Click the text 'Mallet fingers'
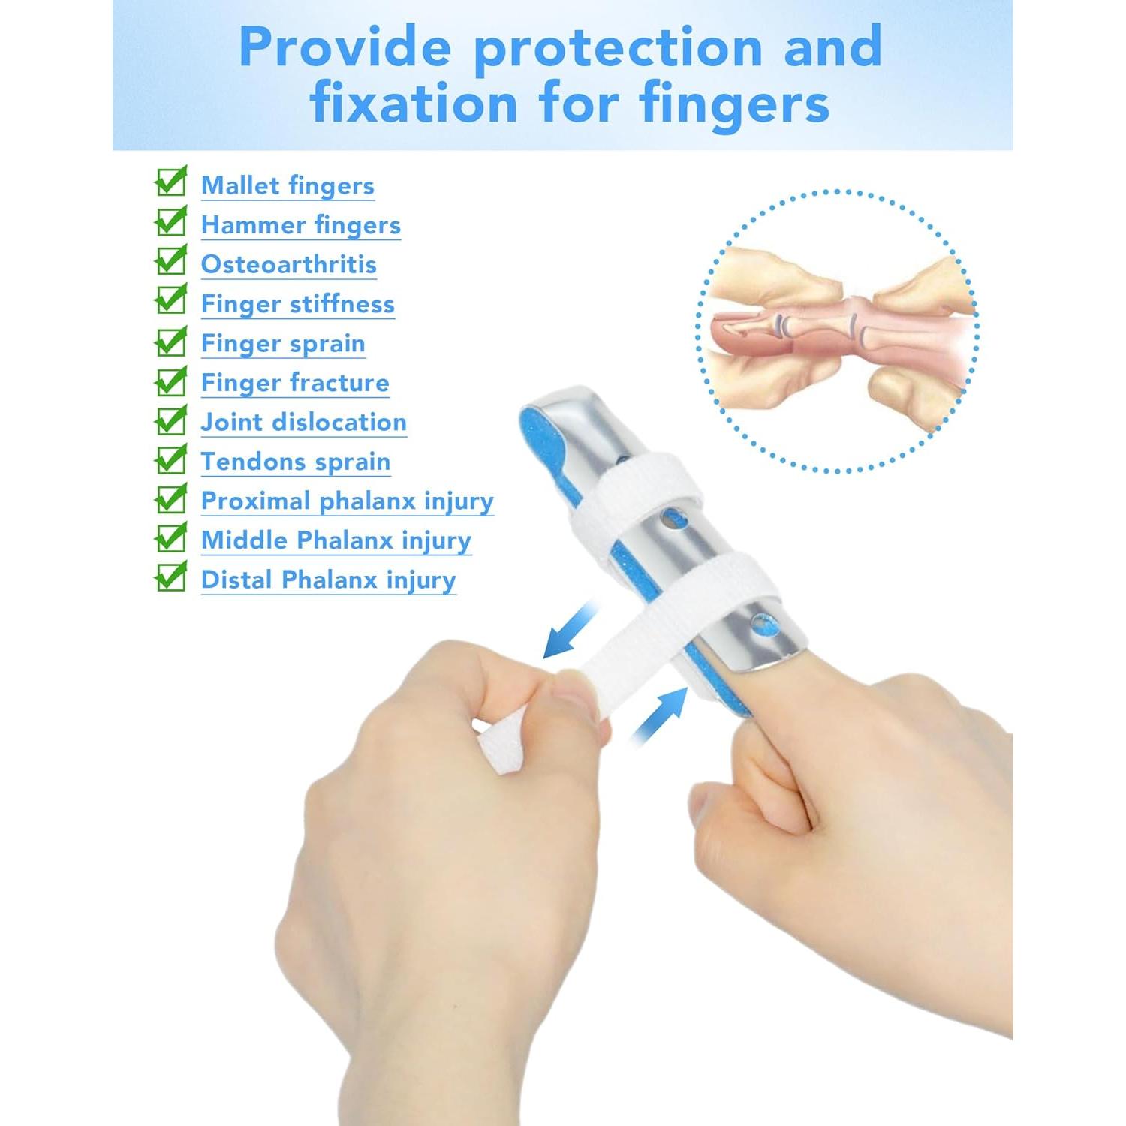[288, 186]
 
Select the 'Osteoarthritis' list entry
[289, 264]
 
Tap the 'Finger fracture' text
[295, 383]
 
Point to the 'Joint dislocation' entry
[304, 422]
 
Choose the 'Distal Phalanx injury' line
[329, 580]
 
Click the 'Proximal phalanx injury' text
[348, 501]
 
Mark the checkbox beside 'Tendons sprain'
[171, 459]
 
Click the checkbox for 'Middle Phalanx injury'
[171, 537]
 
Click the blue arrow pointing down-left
[571, 629]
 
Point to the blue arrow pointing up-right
[659, 717]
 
